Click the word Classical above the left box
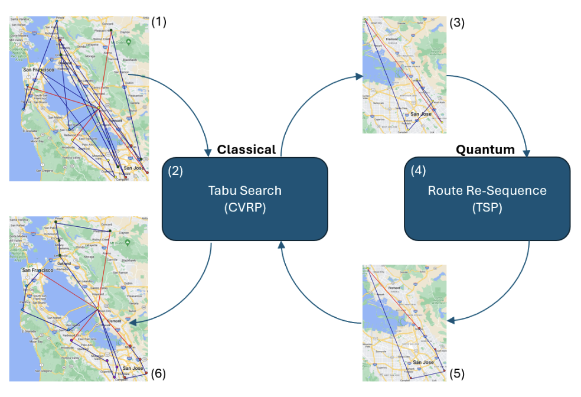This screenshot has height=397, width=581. pos(246,149)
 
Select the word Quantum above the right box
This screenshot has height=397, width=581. pos(485,149)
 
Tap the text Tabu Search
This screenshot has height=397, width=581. pos(244,191)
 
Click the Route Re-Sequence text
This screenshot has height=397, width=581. pos(487,191)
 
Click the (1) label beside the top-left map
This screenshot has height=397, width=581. pos(159,22)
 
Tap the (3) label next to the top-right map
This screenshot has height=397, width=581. pos(458,23)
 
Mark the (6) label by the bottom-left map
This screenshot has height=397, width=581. pos(159,373)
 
